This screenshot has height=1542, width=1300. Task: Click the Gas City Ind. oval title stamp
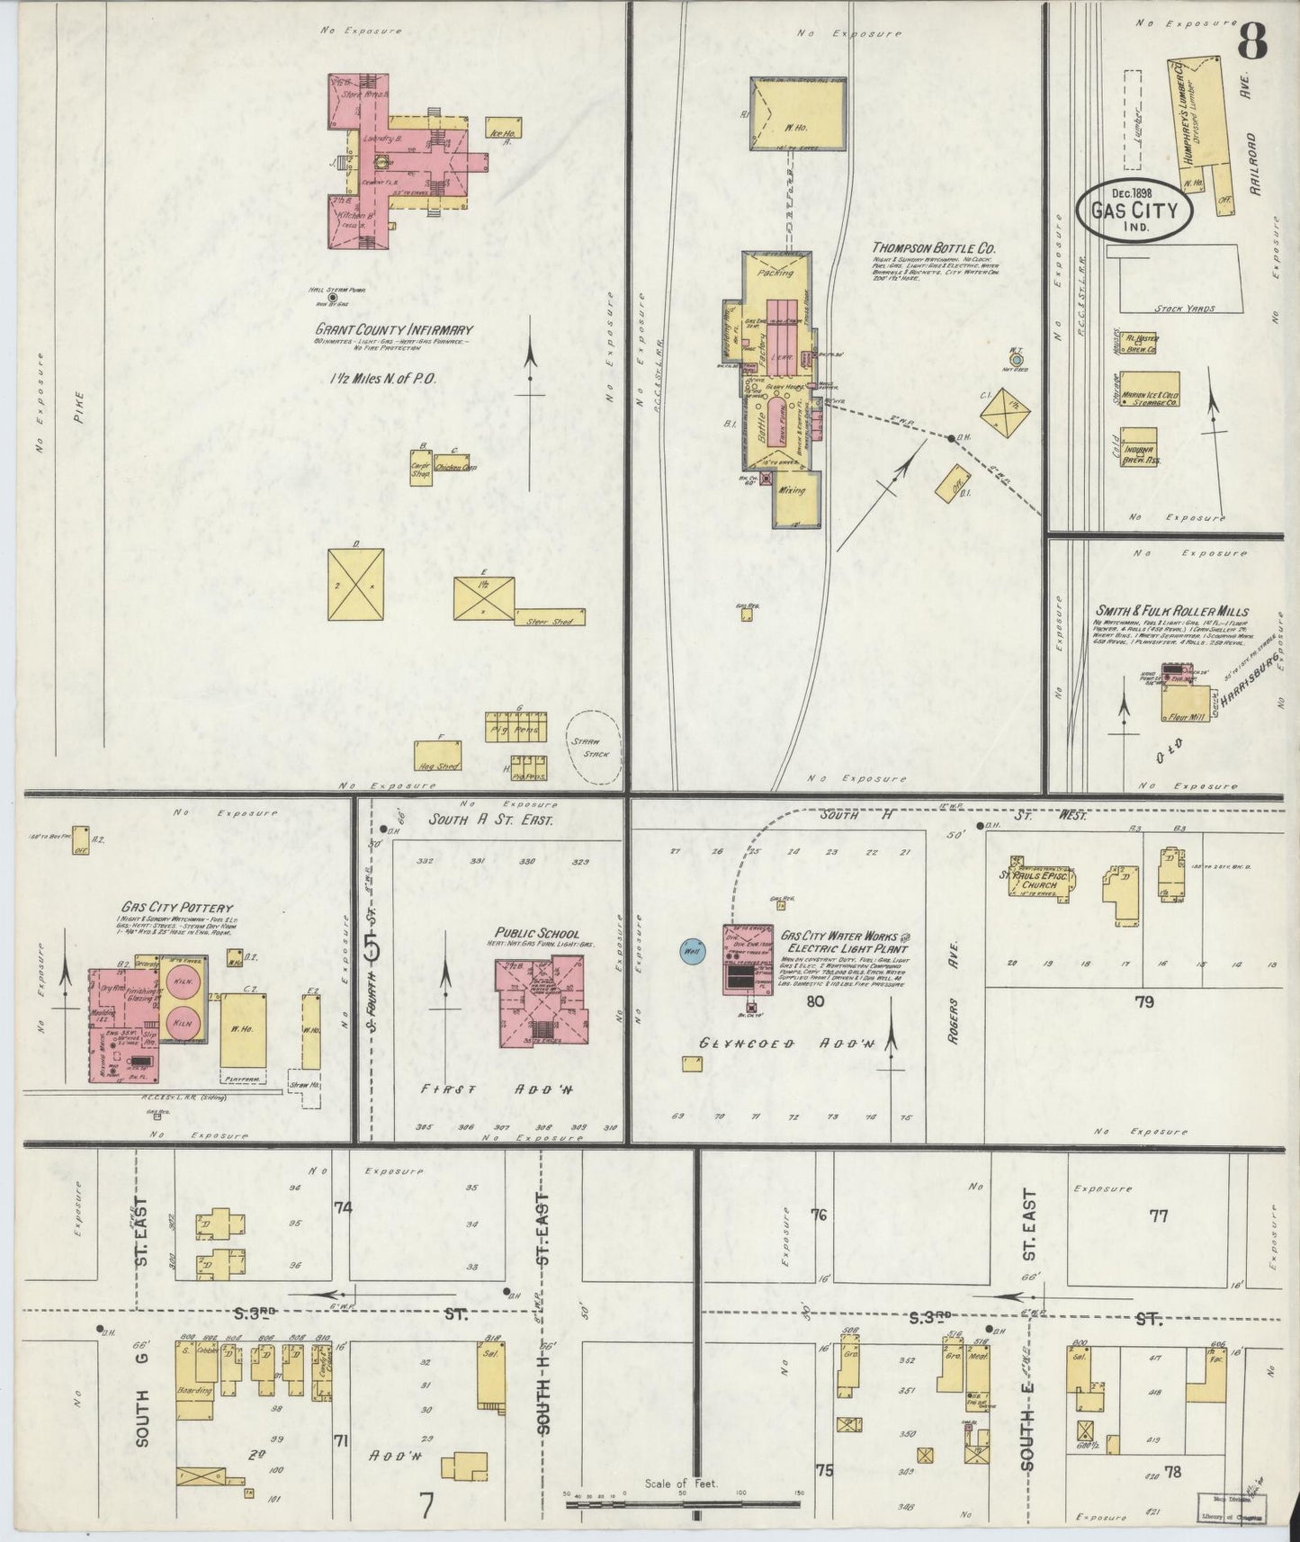pos(1136,209)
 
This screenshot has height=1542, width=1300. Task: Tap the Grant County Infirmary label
pos(393,330)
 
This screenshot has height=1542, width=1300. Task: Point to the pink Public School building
pos(542,1001)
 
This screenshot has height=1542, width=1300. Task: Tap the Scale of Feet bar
pos(681,1503)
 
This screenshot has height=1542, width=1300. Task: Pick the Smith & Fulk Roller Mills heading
pos(1171,612)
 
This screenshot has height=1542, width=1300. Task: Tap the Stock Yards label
pos(1184,309)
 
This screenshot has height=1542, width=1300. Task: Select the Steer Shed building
pos(550,619)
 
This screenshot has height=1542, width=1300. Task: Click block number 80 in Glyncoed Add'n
pos(815,1000)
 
